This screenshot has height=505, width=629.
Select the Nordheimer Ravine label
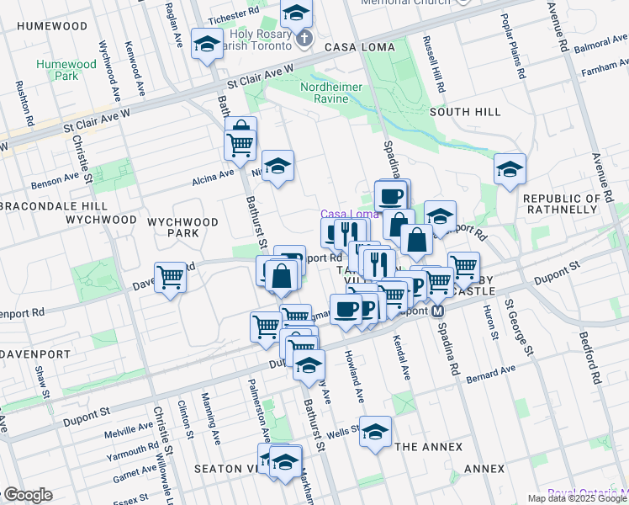(x=336, y=93)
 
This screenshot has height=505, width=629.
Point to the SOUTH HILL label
(x=465, y=111)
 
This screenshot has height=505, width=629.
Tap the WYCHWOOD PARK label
(x=182, y=227)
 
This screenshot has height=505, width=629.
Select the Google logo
(x=27, y=495)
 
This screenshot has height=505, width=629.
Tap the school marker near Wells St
(x=375, y=430)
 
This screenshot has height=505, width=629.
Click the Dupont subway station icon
(x=438, y=311)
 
